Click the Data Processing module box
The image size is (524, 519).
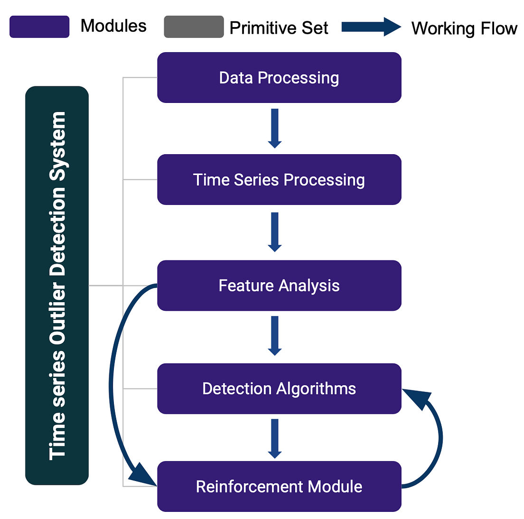[279, 78]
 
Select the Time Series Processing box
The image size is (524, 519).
[279, 180]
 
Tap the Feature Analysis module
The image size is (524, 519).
[279, 286]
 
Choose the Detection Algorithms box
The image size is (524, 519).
[279, 389]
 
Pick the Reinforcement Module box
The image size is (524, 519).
[279, 486]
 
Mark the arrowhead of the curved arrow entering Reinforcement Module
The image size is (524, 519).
[143, 474]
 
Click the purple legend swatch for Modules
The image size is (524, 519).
[39, 27]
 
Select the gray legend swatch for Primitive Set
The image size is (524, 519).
[194, 27]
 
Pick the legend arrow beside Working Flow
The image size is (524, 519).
[371, 27]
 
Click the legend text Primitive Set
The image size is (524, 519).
[279, 28]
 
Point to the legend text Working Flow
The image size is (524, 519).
[464, 28]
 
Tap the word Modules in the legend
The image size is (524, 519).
[113, 26]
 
